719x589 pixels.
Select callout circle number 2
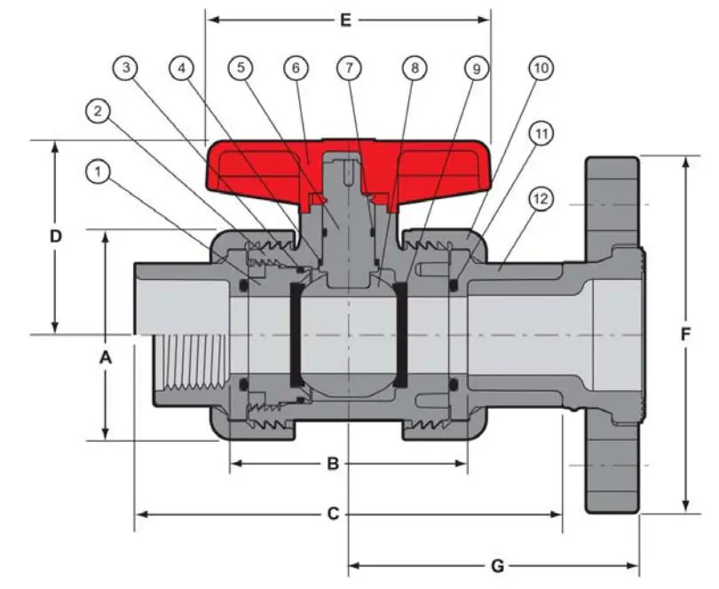pos(98,112)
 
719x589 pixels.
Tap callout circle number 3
pos(127,68)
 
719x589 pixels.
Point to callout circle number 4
pos(181,68)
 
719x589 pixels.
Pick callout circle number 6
pos(296,68)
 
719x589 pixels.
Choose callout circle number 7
pos(351,68)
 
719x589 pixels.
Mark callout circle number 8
pos(413,68)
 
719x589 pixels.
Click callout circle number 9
pos(476,68)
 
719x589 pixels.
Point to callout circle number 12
pos(539,198)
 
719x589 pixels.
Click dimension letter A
pos(106,359)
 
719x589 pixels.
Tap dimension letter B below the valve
pos(333,463)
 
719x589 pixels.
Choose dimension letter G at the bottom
pos(497,566)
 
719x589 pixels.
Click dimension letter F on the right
pos(685,335)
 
